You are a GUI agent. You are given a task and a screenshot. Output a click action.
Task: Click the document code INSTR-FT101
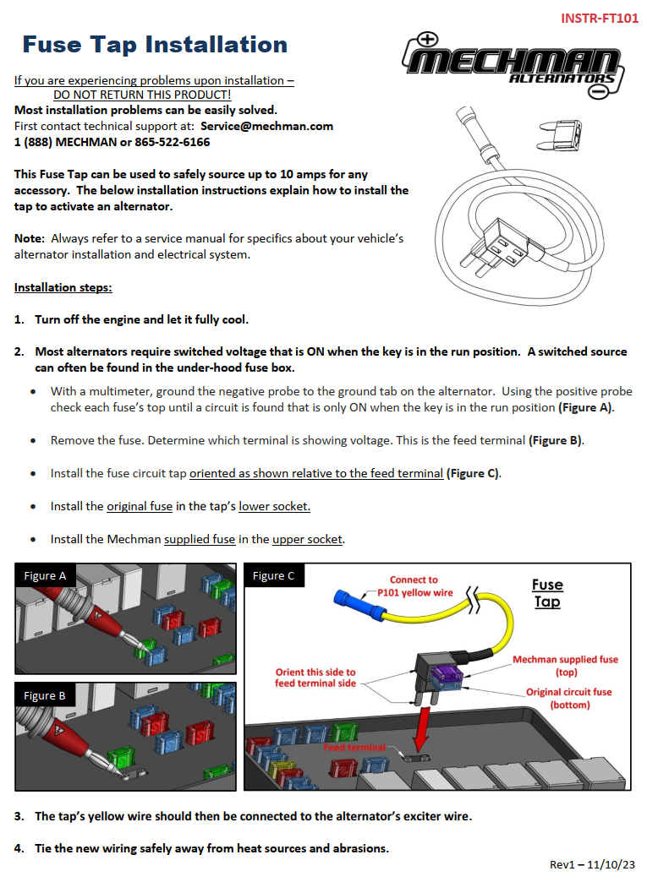coord(600,18)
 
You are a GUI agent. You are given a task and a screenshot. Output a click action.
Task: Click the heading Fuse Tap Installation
coord(155,44)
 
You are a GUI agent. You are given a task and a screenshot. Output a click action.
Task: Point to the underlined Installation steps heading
coord(63,287)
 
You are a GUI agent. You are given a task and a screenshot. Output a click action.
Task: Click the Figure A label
coord(45,576)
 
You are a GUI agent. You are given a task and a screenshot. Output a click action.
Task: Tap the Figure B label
coord(45,695)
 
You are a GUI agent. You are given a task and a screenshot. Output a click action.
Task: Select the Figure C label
coord(274,576)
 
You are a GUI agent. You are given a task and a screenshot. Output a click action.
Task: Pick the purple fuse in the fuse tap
coord(446,673)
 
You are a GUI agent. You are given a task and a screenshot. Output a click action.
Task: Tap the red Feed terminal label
coord(354,748)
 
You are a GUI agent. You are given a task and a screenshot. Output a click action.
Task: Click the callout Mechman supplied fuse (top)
coord(565,666)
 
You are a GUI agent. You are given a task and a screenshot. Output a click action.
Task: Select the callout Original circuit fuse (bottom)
coord(568,698)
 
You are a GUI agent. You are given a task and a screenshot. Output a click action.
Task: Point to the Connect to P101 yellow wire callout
coord(414,586)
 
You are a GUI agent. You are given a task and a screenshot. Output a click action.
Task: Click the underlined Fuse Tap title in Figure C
coord(547,593)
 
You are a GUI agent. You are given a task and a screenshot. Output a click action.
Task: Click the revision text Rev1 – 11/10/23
coord(592,864)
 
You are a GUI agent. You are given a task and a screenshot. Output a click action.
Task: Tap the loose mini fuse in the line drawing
coord(560,131)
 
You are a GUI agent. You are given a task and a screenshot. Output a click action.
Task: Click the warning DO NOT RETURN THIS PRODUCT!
coord(142,95)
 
